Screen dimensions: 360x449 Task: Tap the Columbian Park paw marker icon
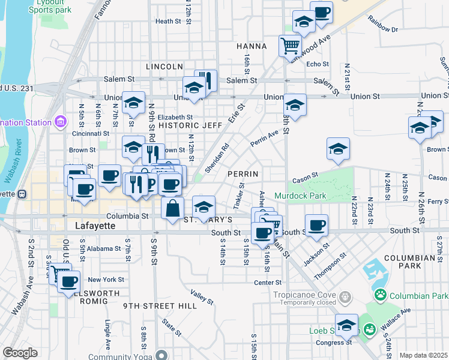(379, 295)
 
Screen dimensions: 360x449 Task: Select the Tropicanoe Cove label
(305, 295)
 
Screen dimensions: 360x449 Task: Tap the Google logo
(20, 353)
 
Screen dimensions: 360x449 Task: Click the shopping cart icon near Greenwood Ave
(290, 44)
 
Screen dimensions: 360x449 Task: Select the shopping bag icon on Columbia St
(172, 208)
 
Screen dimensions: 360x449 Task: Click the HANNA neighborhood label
(251, 46)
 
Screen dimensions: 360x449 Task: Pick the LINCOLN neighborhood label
(164, 67)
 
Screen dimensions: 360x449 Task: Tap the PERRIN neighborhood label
(243, 174)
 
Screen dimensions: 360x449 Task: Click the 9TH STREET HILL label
(160, 306)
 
